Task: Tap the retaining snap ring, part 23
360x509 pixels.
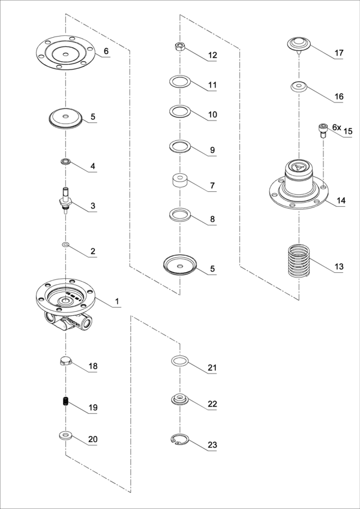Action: point(179,439)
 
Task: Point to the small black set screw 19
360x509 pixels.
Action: point(65,402)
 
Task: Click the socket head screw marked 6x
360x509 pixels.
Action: point(323,131)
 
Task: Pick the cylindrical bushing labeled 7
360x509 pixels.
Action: point(179,182)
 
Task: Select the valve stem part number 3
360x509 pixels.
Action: point(65,200)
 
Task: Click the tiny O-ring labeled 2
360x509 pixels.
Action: point(65,244)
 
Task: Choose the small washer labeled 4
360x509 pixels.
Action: point(65,161)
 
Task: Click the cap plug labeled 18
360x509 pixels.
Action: point(65,362)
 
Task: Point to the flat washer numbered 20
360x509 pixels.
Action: point(65,435)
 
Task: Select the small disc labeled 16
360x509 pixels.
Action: point(299,87)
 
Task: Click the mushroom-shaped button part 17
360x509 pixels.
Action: point(299,45)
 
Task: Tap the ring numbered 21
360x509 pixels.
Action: point(179,361)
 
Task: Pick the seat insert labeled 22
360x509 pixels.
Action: point(180,400)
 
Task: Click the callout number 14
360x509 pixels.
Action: point(341,201)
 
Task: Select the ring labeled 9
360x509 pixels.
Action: point(179,146)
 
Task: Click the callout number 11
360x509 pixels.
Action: point(212,85)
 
